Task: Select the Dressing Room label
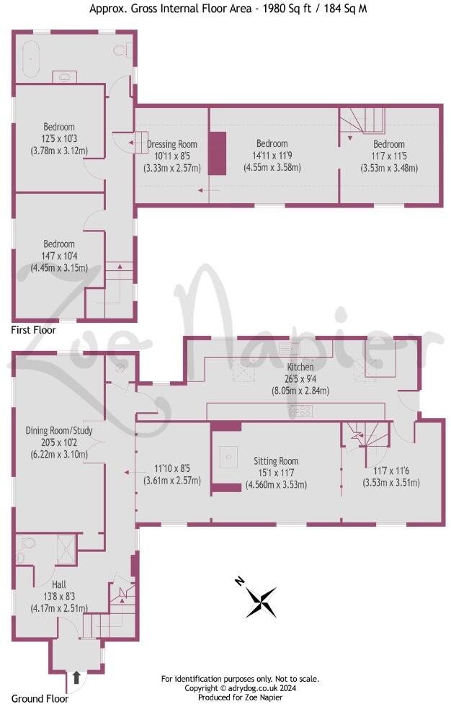pos(172,144)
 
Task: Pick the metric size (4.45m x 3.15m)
pos(58,267)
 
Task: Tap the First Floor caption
pos(33,330)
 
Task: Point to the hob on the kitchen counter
pos(300,411)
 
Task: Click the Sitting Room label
pos(276,461)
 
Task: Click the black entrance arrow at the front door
pos(77,677)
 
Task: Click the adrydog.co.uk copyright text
pos(241,688)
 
